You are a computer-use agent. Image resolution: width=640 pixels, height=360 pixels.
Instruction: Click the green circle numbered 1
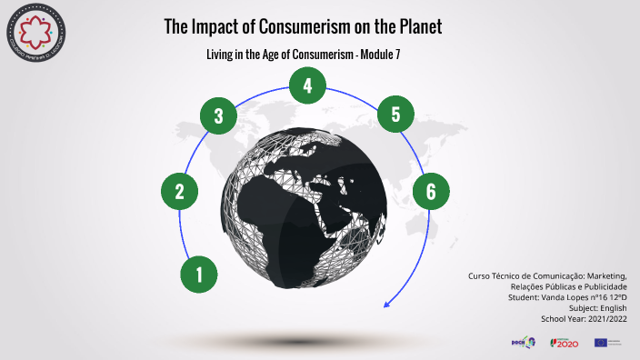(199, 273)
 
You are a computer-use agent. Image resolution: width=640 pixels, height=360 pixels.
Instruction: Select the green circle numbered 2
(180, 191)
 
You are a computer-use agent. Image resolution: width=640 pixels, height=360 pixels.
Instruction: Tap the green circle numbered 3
(218, 115)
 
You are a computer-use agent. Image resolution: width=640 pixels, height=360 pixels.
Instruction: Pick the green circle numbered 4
(308, 86)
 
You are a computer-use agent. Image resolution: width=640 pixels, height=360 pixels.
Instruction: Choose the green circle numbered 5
(395, 115)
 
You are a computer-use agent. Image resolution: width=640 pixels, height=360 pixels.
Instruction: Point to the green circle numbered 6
(431, 191)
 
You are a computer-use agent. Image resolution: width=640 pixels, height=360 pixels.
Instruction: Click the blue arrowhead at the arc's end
(387, 304)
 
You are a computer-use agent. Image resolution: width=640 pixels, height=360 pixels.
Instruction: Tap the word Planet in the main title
(418, 27)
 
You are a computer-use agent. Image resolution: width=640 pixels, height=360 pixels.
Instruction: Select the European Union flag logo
(600, 342)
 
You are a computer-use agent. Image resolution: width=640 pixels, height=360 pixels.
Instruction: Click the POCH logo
(525, 342)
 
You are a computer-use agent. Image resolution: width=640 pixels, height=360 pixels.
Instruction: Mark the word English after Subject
(611, 307)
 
